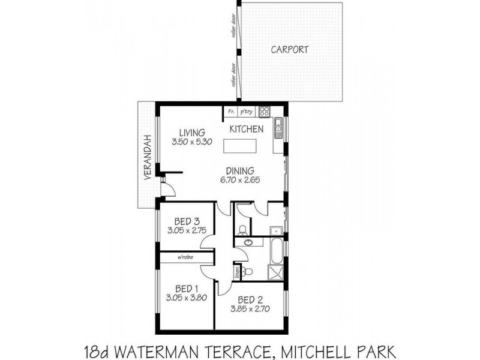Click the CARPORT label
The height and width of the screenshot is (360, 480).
click(x=289, y=50)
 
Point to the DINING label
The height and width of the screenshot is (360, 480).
click(x=241, y=170)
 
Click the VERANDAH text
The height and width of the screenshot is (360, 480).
click(x=146, y=157)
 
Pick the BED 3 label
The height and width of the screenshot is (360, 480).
click(x=187, y=220)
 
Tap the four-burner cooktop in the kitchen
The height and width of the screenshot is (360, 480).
click(x=265, y=111)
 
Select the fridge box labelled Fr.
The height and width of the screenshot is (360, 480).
click(x=231, y=112)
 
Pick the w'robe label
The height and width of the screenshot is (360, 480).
click(x=184, y=257)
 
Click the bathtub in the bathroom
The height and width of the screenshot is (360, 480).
click(x=277, y=251)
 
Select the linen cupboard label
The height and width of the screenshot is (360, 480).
click(x=237, y=271)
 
